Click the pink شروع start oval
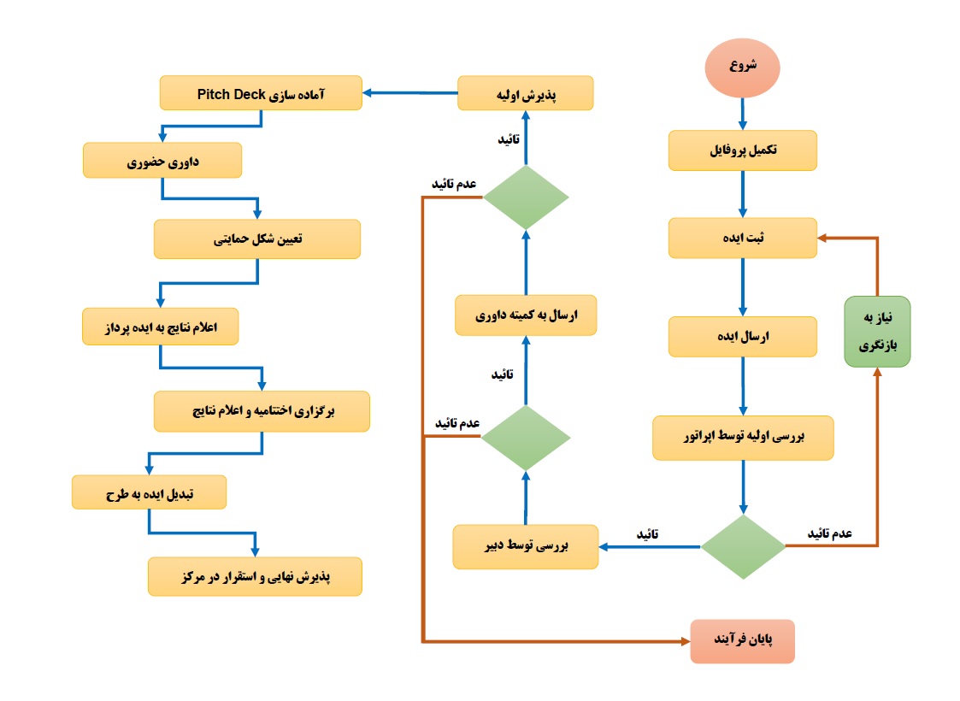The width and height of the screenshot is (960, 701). pyautogui.click(x=742, y=67)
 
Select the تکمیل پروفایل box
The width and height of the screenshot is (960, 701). pyautogui.click(x=743, y=150)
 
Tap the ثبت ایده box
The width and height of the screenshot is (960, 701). pyautogui.click(x=743, y=238)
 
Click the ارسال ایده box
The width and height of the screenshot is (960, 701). pyautogui.click(x=743, y=337)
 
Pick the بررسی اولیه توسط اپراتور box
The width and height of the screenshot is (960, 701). pyautogui.click(x=743, y=437)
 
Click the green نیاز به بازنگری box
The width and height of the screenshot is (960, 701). pyautogui.click(x=877, y=332)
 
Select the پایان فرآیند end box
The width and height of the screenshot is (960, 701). pyautogui.click(x=743, y=641)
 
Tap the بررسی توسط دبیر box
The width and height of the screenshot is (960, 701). pyautogui.click(x=526, y=545)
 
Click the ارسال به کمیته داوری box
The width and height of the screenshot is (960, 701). pyautogui.click(x=526, y=315)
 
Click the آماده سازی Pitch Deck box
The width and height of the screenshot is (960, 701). pyautogui.click(x=261, y=92)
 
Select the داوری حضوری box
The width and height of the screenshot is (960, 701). pyautogui.click(x=162, y=160)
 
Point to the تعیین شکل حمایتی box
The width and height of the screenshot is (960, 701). pyautogui.click(x=257, y=239)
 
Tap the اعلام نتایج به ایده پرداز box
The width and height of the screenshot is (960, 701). pyautogui.click(x=160, y=327)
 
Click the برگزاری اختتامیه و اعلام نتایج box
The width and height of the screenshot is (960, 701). pyautogui.click(x=262, y=411)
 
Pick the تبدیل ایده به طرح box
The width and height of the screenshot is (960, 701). pyautogui.click(x=149, y=492)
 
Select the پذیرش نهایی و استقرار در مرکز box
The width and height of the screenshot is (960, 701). pyautogui.click(x=255, y=576)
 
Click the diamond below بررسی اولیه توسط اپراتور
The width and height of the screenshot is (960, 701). pyautogui.click(x=743, y=547)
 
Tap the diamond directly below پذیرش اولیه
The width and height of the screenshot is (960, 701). pyautogui.click(x=526, y=197)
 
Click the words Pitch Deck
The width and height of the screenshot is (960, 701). pyautogui.click(x=231, y=93)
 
